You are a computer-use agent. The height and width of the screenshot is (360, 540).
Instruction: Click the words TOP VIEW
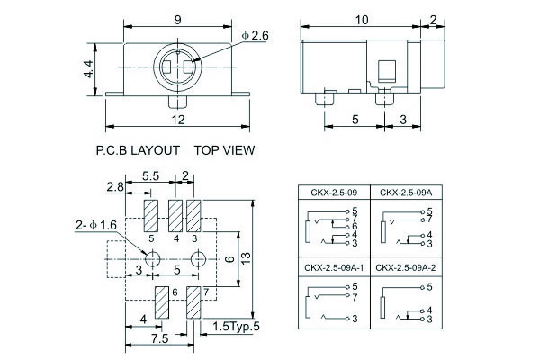[x=224, y=150]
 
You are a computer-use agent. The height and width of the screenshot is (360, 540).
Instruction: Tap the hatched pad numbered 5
[x=151, y=216]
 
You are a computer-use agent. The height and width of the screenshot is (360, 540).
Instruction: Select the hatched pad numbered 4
[x=175, y=216]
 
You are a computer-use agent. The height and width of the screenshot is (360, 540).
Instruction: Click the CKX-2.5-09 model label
[x=334, y=193]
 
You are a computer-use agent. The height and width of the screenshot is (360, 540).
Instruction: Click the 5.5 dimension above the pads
[x=151, y=176]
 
